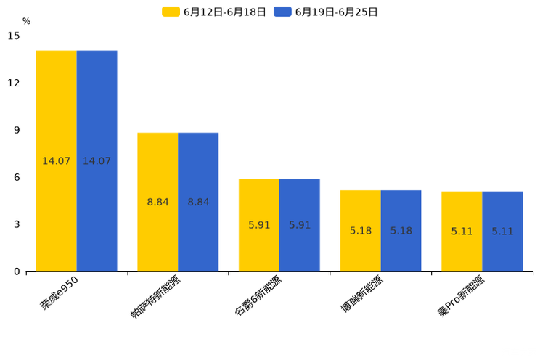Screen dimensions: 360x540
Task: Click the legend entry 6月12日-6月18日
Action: (x=214, y=12)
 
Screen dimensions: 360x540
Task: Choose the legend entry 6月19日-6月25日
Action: (x=326, y=12)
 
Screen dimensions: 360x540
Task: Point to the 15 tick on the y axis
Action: (x=14, y=36)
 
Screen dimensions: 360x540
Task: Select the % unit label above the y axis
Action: (x=26, y=21)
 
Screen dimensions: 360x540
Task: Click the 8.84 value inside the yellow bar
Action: (x=157, y=202)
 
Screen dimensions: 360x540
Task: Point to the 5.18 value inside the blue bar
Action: (x=401, y=231)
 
